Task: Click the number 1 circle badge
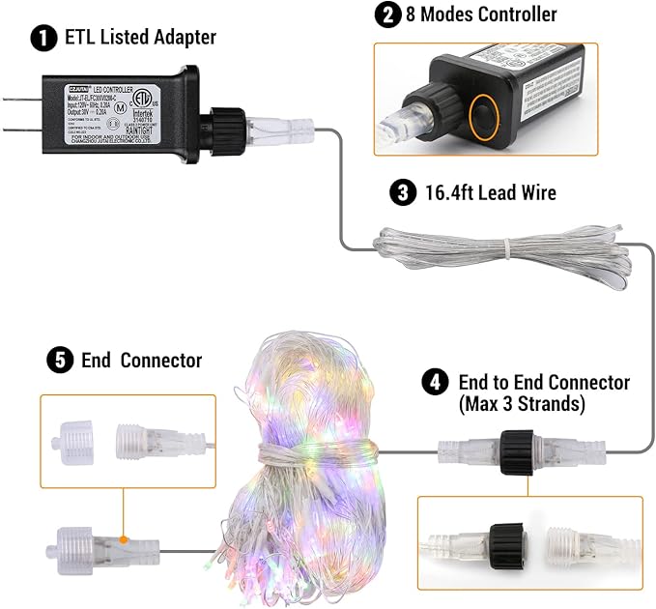(42, 39)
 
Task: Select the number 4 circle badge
(435, 381)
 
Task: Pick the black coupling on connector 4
(520, 452)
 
